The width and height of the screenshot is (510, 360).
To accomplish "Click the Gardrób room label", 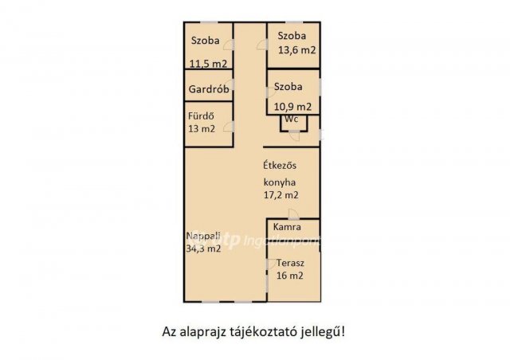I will (x=210, y=89).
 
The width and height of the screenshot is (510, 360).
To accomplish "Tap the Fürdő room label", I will (x=200, y=115).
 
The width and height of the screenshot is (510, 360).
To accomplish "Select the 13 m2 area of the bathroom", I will (x=202, y=128).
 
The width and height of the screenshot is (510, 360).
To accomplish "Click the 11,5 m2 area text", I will (x=208, y=65).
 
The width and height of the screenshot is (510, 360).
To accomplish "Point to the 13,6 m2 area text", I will (x=296, y=50).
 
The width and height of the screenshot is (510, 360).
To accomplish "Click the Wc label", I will (x=292, y=119).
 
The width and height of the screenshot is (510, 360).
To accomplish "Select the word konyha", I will (x=282, y=181).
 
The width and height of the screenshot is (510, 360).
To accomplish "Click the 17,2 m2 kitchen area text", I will (x=282, y=194).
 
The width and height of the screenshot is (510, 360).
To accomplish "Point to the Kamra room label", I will (x=286, y=228).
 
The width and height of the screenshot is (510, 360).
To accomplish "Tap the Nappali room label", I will (x=204, y=236).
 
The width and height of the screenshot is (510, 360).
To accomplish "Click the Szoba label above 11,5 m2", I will (x=206, y=41).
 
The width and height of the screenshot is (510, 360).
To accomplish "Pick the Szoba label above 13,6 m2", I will (x=292, y=36).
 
